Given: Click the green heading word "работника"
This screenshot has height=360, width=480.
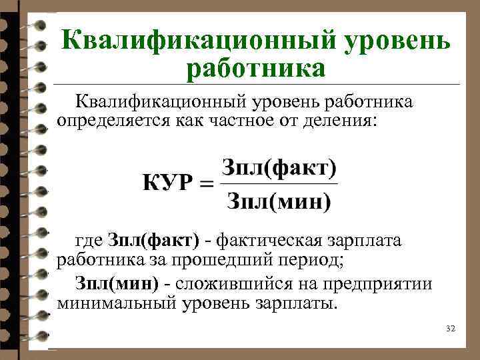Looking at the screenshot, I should click(257, 68).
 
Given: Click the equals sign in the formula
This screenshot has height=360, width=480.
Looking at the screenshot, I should click(208, 183).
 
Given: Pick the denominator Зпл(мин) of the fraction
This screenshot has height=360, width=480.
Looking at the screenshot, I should click(279, 200).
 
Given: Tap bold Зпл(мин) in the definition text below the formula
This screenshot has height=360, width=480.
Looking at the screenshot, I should click(117, 284).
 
